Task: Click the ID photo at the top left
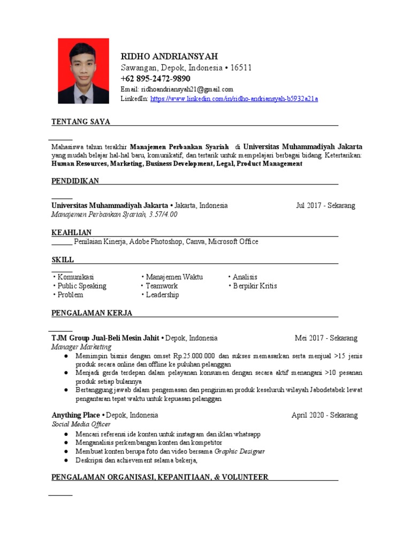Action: [83, 71]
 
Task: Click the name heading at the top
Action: [170, 57]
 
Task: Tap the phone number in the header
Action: [155, 79]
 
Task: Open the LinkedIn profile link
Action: [234, 99]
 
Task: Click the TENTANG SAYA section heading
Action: [81, 122]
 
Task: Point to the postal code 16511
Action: [241, 68]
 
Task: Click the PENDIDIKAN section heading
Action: [75, 181]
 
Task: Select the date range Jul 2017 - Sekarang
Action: [325, 205]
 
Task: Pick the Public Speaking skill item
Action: [82, 286]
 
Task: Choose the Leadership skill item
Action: [162, 295]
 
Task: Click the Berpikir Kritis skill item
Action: [255, 286]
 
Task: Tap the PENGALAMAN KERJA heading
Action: [92, 313]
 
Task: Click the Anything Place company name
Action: [75, 416]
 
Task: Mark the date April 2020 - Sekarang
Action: [324, 416]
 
